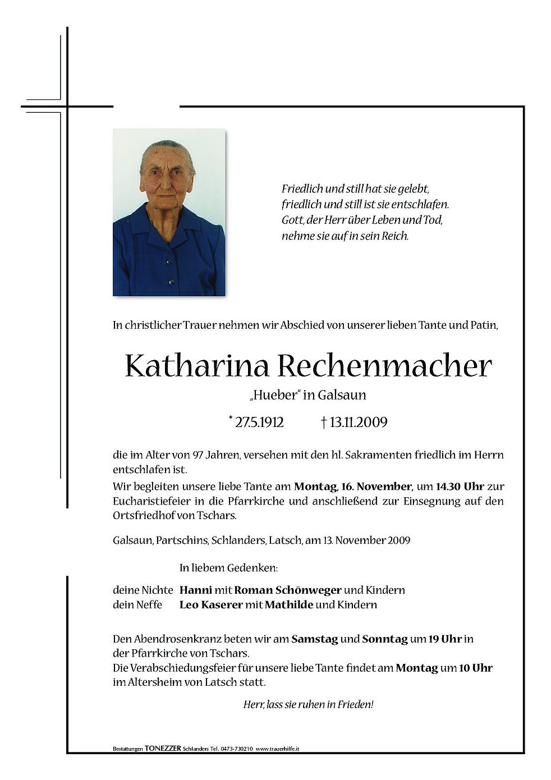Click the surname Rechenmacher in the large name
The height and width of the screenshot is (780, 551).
point(384,366)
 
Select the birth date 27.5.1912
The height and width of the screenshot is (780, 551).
point(259,423)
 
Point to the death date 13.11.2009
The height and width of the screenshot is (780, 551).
point(357,423)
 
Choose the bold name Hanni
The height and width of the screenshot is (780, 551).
point(196,590)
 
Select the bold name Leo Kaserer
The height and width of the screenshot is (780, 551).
point(211,604)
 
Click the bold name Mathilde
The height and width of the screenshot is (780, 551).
point(288,604)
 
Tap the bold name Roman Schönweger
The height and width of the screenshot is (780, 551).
point(288,590)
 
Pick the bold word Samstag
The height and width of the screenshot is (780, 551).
point(314,639)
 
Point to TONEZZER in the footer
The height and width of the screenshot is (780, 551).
point(163,749)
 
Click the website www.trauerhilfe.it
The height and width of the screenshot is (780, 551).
point(278,749)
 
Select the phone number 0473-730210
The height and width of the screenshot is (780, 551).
point(236,749)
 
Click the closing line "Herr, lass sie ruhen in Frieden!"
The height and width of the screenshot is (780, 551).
point(308,704)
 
